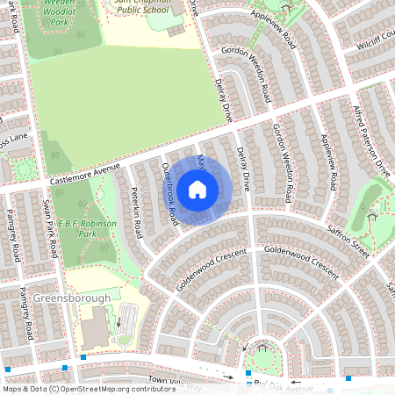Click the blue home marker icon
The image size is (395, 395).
click(197, 190)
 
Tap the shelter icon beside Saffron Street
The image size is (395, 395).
click(372, 215)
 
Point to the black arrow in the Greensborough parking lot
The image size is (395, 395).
click(116, 321)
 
